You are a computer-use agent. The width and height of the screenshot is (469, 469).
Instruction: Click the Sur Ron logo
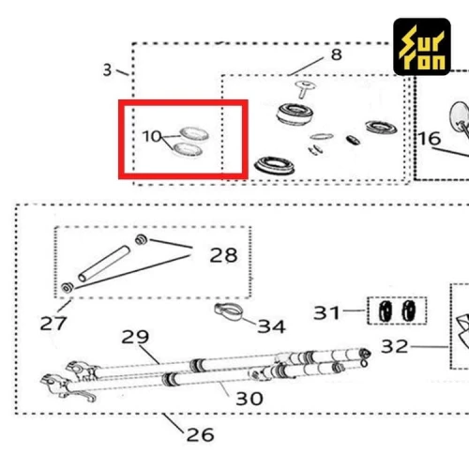[422, 47]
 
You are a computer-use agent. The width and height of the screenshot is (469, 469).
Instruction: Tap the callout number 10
[152, 136]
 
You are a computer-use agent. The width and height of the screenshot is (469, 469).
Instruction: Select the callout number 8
[337, 54]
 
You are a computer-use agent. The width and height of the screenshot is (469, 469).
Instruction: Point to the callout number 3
[107, 69]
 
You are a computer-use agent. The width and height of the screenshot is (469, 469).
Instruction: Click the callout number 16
[430, 138]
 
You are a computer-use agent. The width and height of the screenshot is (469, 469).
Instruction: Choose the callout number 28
[223, 255]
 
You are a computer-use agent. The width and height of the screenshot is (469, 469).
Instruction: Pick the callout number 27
[53, 324]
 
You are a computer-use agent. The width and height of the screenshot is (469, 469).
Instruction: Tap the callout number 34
[271, 326]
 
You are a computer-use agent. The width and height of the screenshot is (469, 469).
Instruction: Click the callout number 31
[326, 312]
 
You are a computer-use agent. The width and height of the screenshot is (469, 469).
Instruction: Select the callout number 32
[395, 346]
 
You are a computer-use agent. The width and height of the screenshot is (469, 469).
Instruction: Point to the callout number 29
[135, 337]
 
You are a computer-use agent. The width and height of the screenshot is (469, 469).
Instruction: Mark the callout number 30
[250, 399]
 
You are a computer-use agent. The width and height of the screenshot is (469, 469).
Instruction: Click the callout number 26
[200, 434]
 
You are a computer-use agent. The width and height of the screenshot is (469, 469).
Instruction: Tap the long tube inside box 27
[104, 264]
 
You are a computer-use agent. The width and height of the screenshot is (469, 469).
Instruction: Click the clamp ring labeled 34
[229, 311]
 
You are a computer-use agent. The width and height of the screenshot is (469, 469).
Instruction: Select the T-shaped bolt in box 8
[305, 89]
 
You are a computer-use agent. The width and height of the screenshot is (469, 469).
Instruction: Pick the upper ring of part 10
[194, 134]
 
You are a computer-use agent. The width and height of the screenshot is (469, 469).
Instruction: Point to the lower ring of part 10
[188, 149]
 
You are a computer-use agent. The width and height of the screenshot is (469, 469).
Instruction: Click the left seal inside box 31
[386, 311]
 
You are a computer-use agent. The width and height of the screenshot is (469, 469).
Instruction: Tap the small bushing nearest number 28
[141, 240]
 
